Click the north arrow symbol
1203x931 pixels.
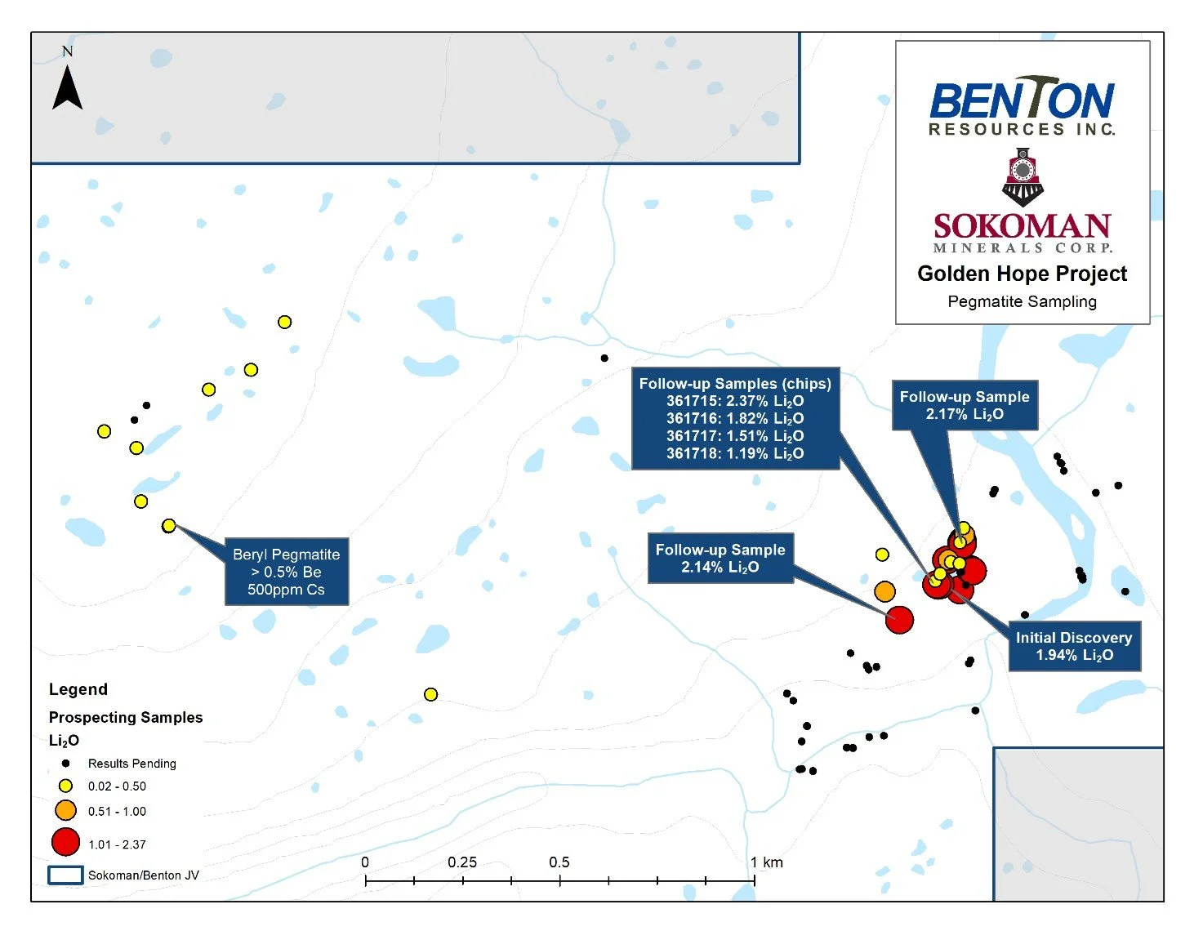(x=67, y=88)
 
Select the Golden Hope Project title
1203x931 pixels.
(x=1022, y=274)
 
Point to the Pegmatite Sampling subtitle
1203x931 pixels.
(x=1022, y=301)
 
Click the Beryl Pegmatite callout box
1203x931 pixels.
(x=287, y=572)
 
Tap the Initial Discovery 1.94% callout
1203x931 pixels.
(x=1074, y=646)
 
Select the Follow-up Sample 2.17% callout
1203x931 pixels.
(x=965, y=405)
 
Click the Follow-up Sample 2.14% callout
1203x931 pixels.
(x=720, y=559)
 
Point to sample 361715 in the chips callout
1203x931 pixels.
(x=734, y=401)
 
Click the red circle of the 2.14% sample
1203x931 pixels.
(x=899, y=620)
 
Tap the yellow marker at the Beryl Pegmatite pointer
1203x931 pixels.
(x=169, y=526)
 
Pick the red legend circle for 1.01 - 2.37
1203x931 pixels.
(x=66, y=842)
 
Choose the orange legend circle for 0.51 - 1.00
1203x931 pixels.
(x=66, y=810)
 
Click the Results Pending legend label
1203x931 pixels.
(x=131, y=764)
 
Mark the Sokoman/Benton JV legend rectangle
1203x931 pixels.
(x=66, y=875)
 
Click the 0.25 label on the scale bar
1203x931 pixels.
(x=462, y=862)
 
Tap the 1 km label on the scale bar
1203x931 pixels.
(x=767, y=862)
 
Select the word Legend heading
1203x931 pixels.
(x=78, y=689)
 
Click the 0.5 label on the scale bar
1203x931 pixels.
(x=559, y=862)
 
